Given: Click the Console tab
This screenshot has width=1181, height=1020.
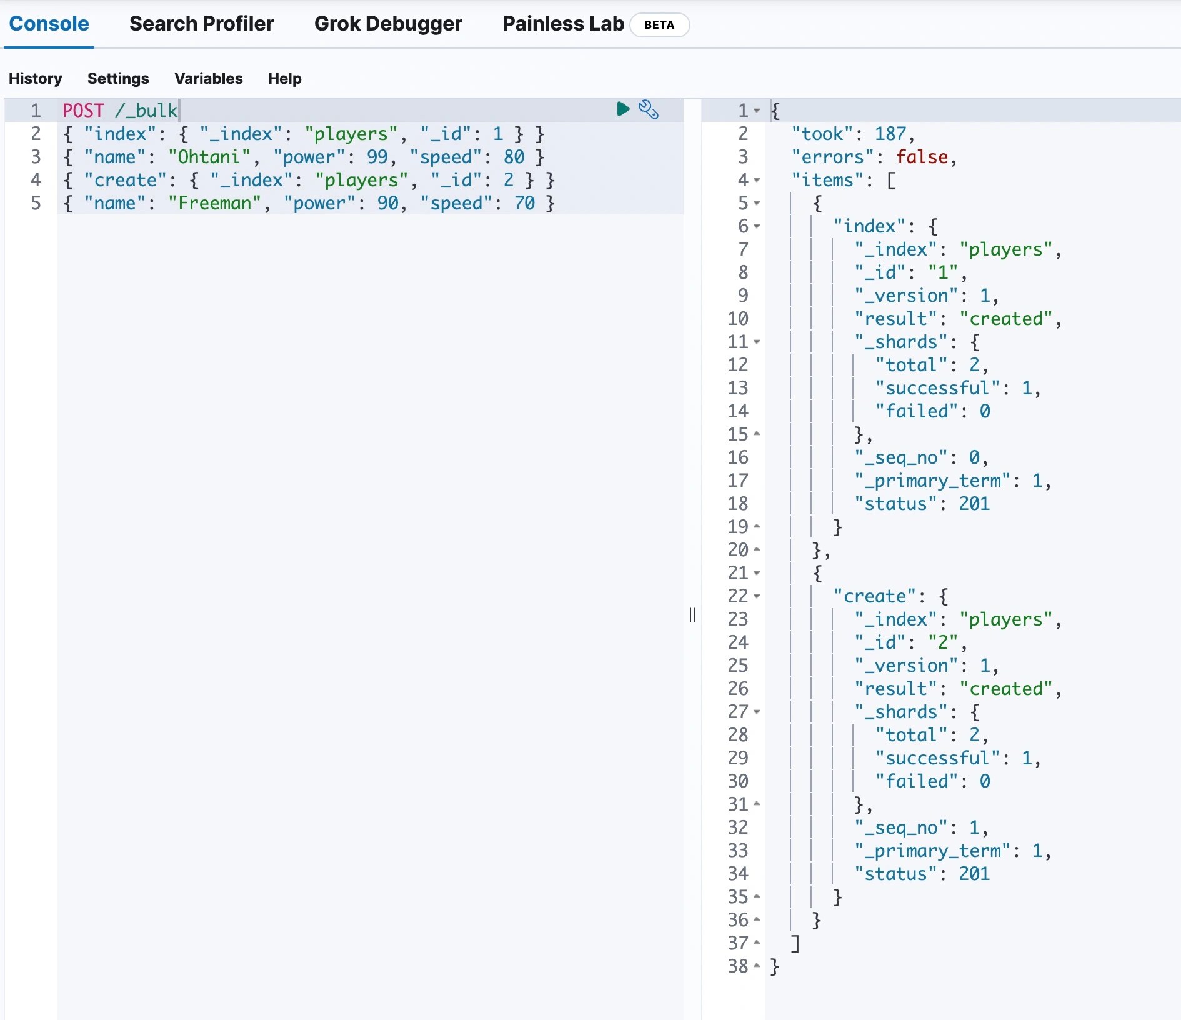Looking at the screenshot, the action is (x=49, y=24).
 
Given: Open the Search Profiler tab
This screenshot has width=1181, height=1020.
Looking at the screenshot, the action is (x=201, y=24).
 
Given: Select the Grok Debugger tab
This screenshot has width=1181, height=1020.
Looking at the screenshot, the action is (x=388, y=24).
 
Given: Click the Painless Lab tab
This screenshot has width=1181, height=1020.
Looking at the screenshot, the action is (x=562, y=24).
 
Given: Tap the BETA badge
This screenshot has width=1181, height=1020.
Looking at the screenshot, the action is (x=659, y=25).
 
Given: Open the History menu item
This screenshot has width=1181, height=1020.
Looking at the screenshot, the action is (x=36, y=78).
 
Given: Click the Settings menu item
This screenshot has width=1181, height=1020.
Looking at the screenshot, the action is (x=118, y=78).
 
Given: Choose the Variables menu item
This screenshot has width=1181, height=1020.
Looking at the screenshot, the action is (x=209, y=78).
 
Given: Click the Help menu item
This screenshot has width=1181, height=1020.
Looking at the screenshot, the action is (x=284, y=78).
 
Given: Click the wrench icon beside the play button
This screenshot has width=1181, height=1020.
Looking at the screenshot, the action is (x=648, y=109).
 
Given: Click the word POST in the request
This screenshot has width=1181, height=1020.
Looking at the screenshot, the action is (x=83, y=111).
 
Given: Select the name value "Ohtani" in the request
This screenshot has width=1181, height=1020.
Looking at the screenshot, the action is (x=209, y=157).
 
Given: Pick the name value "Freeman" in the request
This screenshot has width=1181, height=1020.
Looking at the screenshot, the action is (x=214, y=203).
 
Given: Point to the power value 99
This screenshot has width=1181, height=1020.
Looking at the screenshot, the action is (x=377, y=157).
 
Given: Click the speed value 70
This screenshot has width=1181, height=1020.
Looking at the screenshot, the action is (x=524, y=203).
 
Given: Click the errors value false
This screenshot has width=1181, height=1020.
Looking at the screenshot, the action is (x=922, y=157).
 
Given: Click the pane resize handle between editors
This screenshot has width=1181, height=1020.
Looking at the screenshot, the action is (x=692, y=615).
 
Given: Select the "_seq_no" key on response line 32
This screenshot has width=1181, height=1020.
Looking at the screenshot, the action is (x=902, y=827).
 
